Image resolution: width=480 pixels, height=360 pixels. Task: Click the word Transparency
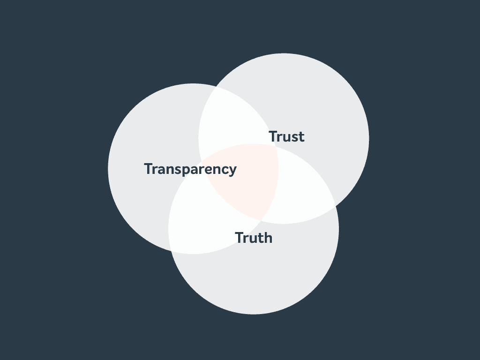click(x=190, y=169)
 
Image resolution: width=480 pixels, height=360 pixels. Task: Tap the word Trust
click(x=286, y=137)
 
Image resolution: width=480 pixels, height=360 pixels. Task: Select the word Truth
click(x=253, y=238)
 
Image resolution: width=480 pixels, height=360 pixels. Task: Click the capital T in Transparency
click(x=149, y=169)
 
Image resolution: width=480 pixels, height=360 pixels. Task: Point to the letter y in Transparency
click(x=232, y=171)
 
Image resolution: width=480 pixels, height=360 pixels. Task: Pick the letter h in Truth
click(x=268, y=238)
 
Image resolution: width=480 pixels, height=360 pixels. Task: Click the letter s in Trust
click(x=294, y=138)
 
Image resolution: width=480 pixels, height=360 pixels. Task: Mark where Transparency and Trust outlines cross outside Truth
click(x=215, y=87)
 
